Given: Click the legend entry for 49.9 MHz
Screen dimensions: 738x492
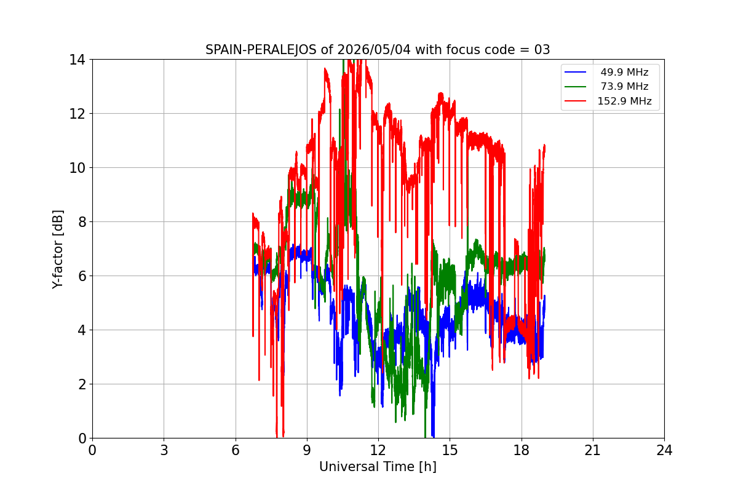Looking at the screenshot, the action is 624,72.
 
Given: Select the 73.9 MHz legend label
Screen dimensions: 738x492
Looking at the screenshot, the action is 624,86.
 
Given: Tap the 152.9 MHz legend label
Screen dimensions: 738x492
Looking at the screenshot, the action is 624,101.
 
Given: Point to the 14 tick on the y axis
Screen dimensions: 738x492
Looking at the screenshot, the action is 77,60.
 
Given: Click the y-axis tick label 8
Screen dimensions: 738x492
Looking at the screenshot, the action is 82,222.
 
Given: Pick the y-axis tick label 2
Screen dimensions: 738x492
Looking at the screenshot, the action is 82,384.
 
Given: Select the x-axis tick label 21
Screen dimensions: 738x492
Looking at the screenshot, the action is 593,450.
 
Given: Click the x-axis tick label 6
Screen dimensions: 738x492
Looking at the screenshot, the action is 235,450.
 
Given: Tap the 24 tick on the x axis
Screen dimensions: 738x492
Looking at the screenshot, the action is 664,450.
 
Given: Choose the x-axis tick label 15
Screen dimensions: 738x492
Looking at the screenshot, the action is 450,450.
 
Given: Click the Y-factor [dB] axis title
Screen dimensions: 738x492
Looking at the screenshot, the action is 58,250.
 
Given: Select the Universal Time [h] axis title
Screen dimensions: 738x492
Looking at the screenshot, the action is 378,467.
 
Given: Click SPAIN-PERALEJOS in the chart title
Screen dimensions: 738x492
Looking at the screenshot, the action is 261,50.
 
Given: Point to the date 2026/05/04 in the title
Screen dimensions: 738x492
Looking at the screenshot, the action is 374,50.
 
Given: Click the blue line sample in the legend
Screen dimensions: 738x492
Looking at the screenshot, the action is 575,72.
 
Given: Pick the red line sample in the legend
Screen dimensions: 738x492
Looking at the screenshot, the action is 575,101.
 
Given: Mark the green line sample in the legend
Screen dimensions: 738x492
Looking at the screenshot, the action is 575,87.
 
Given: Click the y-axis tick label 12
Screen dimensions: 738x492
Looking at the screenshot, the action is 77,114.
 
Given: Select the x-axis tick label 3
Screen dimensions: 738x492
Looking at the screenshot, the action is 164,450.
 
